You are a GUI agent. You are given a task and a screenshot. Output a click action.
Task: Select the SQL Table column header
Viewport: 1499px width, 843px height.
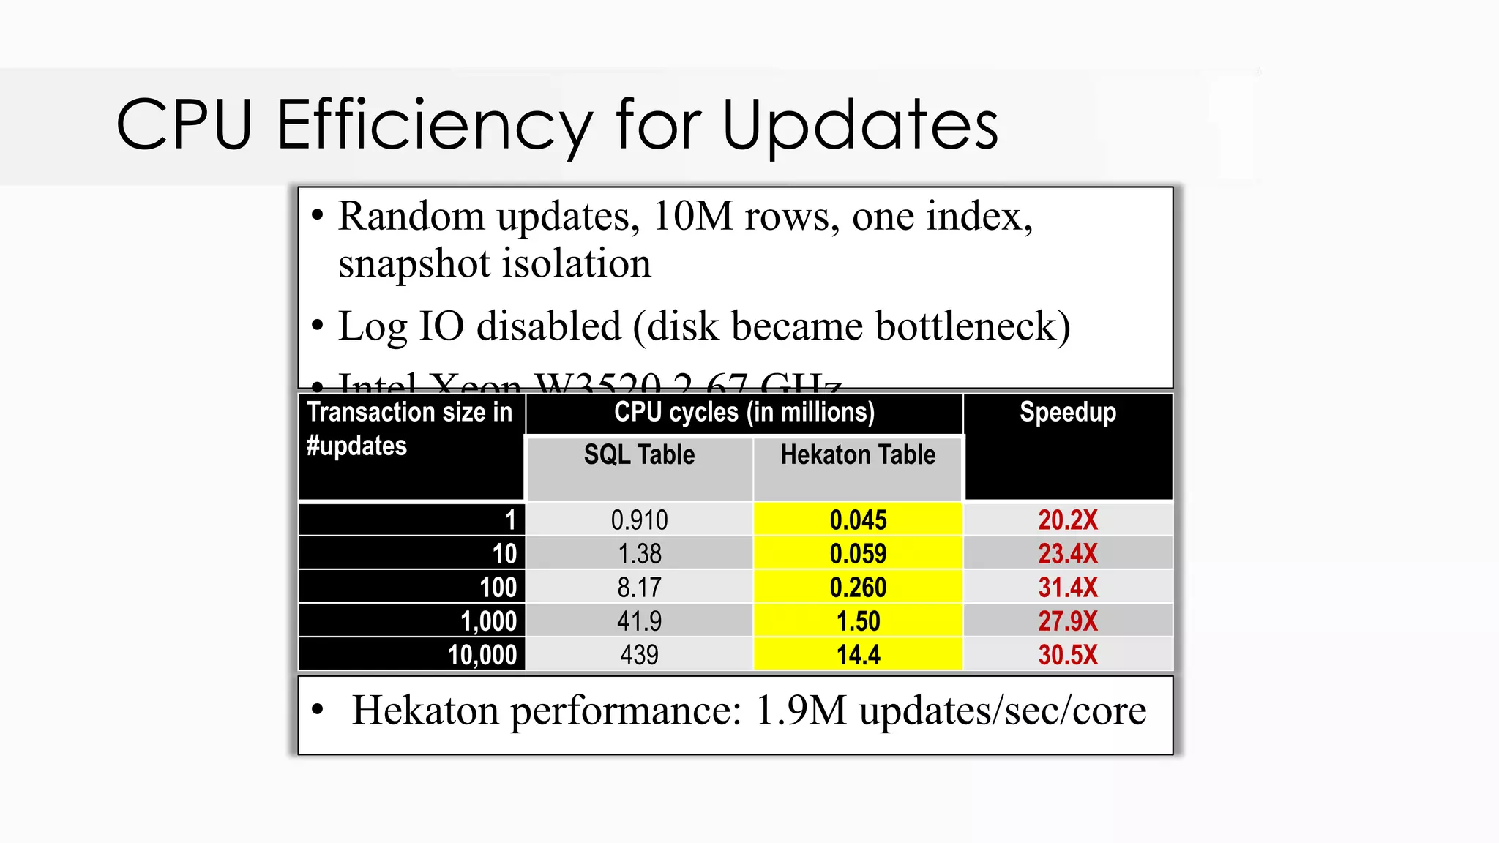pyautogui.click(x=639, y=455)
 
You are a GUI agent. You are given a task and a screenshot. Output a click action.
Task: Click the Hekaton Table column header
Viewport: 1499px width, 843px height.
pyautogui.click(x=858, y=455)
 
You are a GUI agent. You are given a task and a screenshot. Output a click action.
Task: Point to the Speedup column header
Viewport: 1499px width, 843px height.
pyautogui.click(x=1068, y=413)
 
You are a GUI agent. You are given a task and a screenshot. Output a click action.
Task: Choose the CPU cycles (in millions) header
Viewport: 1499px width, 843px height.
pyautogui.click(x=744, y=413)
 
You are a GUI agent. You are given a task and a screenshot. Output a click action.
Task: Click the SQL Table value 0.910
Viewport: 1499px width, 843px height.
pyautogui.click(x=639, y=520)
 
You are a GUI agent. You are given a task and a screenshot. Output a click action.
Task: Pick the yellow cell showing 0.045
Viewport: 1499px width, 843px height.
pyautogui.click(x=858, y=520)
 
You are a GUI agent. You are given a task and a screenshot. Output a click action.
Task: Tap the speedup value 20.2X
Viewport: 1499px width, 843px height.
pyautogui.click(x=1068, y=520)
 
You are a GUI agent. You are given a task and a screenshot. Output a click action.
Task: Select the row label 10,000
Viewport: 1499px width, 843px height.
pyautogui.click(x=482, y=655)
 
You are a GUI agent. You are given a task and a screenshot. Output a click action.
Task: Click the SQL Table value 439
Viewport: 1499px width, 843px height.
pyautogui.click(x=639, y=655)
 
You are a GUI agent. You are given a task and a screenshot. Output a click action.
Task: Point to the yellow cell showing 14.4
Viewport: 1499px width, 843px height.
pyautogui.click(x=858, y=655)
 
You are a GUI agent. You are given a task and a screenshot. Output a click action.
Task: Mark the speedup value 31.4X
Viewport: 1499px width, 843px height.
pyautogui.click(x=1068, y=588)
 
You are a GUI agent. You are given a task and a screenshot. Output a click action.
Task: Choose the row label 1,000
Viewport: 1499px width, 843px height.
pyautogui.click(x=488, y=621)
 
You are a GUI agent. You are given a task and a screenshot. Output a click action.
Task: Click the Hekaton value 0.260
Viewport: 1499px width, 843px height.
pyautogui.click(x=858, y=588)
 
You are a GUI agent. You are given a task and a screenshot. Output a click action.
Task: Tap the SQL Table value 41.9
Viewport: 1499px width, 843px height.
pyautogui.click(x=639, y=621)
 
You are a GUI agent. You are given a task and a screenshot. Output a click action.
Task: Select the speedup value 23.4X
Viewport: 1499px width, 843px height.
pyautogui.click(x=1068, y=554)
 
